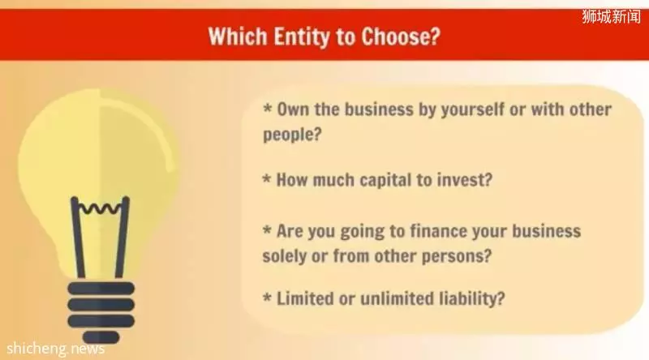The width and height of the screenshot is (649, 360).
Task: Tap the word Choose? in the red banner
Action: [x=401, y=36]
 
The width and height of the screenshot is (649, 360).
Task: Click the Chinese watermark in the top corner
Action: [x=612, y=17]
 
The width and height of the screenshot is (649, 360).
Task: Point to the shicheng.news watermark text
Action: [x=55, y=349]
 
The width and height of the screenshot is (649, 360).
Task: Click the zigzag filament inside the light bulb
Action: [x=100, y=208]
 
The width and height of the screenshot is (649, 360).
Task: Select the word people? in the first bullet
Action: [x=292, y=135]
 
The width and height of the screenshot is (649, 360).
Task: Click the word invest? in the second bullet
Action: [x=465, y=180]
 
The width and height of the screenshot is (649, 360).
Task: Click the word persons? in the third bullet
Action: [x=456, y=256]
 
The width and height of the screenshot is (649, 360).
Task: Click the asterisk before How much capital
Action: [x=267, y=178]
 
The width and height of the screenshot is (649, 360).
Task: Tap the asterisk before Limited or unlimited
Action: [x=268, y=297]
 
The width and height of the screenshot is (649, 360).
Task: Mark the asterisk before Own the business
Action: [x=268, y=109]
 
